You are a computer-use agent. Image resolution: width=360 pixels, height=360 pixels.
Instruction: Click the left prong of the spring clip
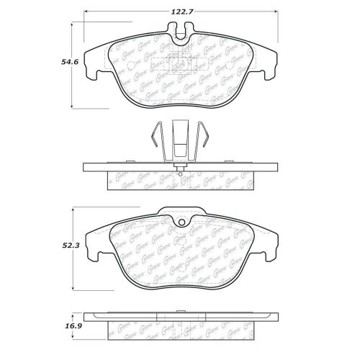[154, 140]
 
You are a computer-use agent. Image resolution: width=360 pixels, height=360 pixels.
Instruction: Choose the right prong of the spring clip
[204, 140]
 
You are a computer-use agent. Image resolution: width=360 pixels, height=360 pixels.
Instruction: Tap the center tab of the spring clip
[179, 140]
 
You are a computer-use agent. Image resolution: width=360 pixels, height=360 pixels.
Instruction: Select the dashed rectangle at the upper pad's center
[180, 63]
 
